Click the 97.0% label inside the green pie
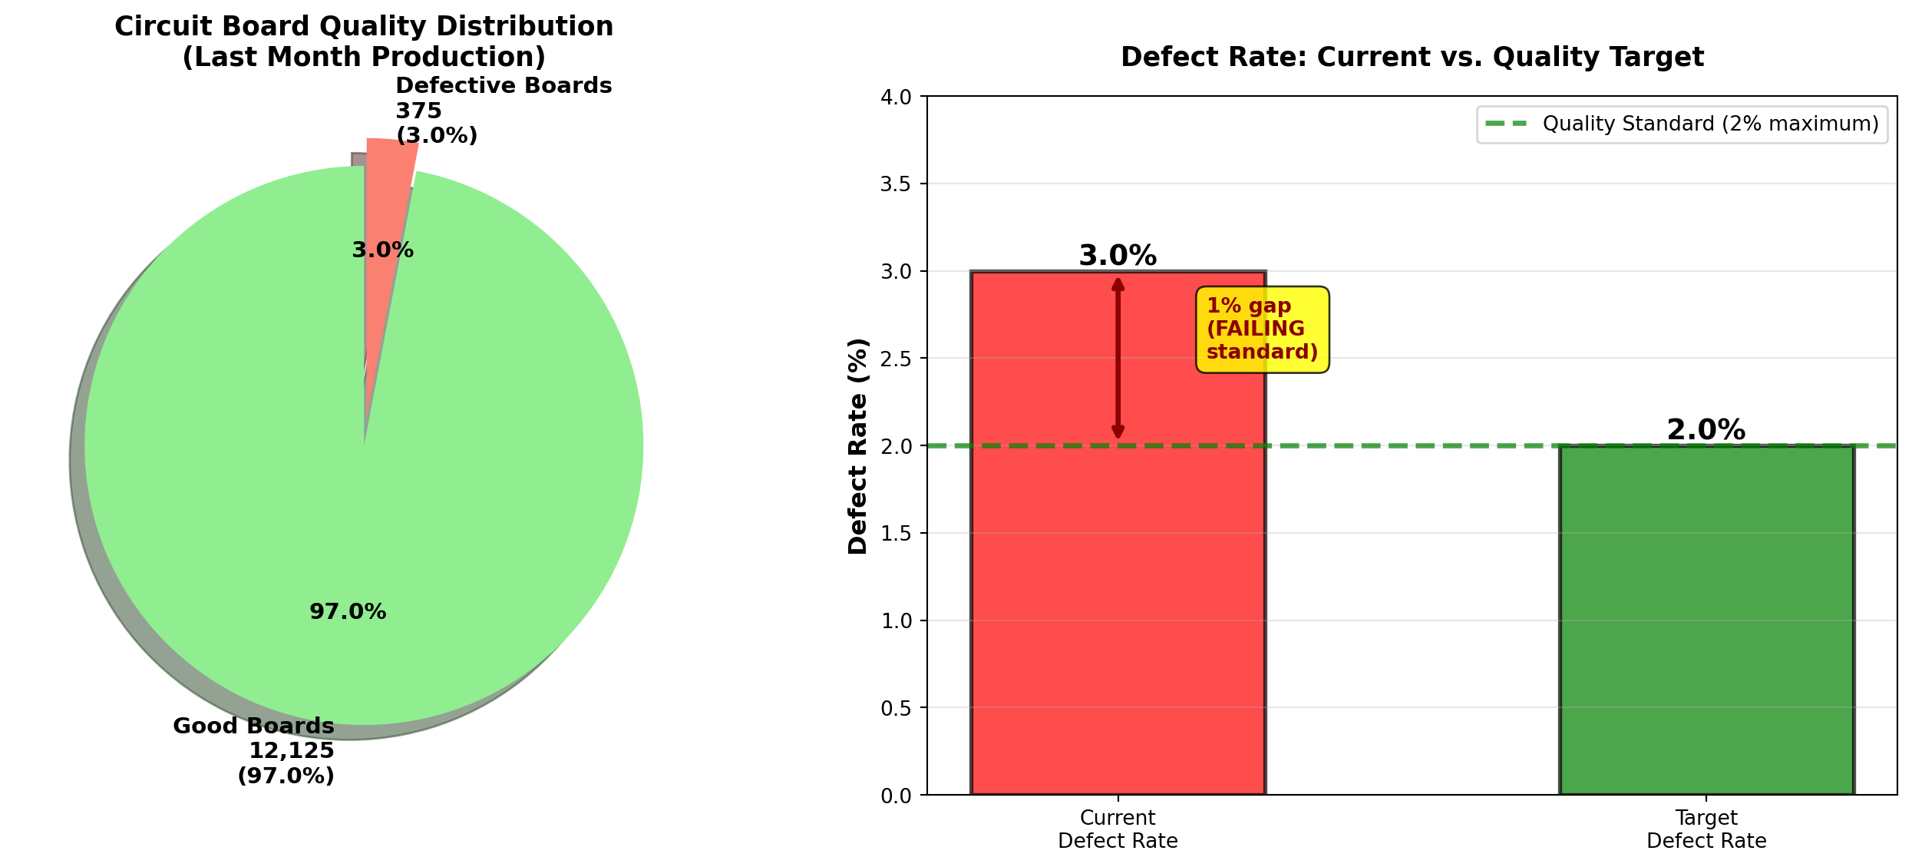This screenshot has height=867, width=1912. click(348, 612)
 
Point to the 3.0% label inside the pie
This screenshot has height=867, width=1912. click(382, 250)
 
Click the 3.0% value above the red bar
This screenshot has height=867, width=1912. click(1117, 256)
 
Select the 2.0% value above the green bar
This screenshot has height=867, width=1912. click(1706, 430)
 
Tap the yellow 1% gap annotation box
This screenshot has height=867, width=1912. click(1262, 329)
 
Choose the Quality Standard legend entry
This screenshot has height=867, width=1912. click(1681, 124)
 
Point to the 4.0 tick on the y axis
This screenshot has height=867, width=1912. click(896, 98)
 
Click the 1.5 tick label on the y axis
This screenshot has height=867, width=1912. click(896, 534)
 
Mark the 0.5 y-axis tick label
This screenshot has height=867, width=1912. click(896, 708)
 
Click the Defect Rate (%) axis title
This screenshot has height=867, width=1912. click(857, 445)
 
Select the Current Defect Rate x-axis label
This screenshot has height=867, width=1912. click(1117, 829)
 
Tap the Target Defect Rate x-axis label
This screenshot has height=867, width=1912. click(1706, 829)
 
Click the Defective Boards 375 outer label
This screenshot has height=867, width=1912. click(503, 111)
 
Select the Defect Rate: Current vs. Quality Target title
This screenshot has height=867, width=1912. click(1412, 58)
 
